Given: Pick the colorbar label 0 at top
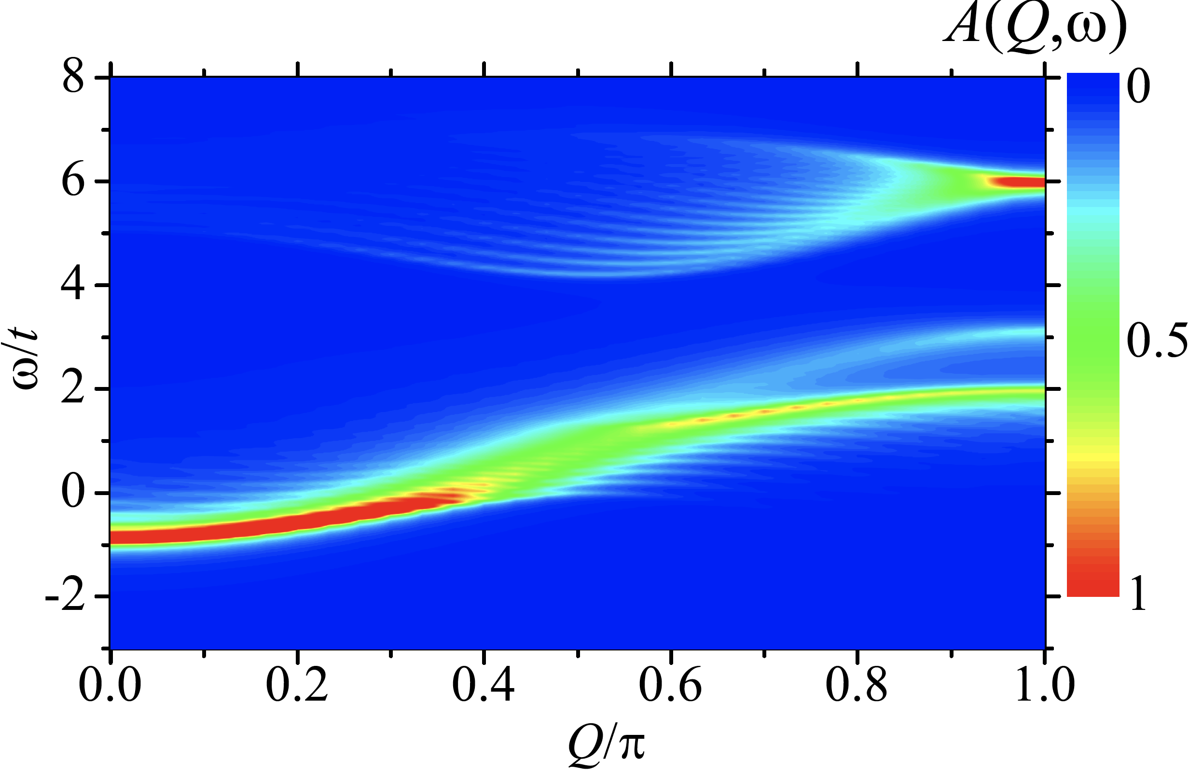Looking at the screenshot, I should coord(1139,86).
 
